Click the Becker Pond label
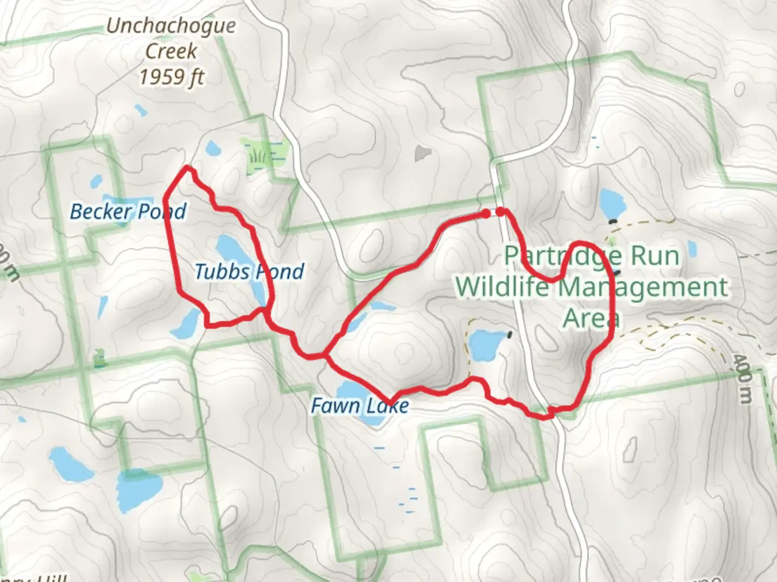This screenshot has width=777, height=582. pos(128,211)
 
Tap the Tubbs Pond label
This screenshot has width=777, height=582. pos(249,271)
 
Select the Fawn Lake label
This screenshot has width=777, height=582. pos(359,405)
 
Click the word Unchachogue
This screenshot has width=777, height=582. pos(171,25)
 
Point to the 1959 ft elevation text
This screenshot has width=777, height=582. pos(171,77)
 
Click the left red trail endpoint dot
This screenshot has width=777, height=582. pos(486,214)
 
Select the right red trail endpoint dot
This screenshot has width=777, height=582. pos(501,211)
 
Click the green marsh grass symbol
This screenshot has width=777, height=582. pos(257,157)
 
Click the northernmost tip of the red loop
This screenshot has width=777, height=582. pos(188,168)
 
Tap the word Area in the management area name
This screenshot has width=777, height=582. pos(590,318)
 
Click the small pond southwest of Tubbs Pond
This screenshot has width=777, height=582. pos(188,323)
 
